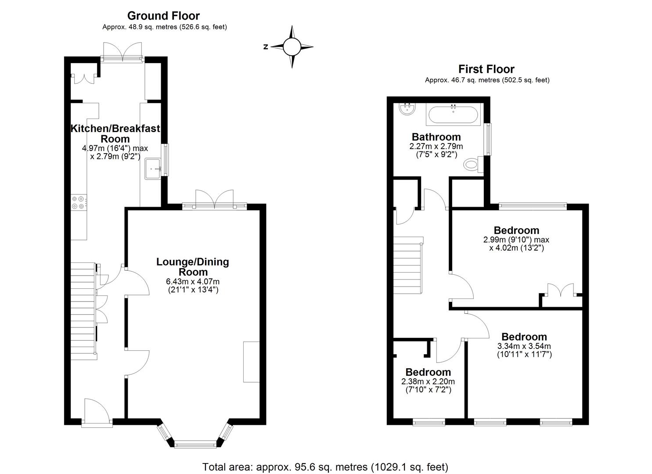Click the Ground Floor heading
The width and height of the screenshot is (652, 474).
tap(163, 16)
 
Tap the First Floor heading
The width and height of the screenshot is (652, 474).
tap(486, 69)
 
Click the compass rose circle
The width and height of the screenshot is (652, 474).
tap(292, 47)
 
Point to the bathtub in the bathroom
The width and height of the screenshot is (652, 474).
tap(453, 115)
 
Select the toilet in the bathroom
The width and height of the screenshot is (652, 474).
tap(473, 165)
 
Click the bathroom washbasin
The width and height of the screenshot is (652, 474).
tap(407, 109)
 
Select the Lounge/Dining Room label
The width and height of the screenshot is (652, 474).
tap(193, 267)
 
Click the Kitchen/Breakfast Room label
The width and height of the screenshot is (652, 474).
tap(115, 133)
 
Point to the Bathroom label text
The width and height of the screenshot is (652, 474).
tap(436, 137)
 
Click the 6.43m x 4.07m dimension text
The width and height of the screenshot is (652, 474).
tap(193, 282)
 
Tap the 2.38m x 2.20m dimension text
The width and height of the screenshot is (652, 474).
tap(428, 381)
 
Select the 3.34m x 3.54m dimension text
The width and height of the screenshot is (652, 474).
tap(524, 346)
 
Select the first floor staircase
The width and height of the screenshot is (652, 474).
tap(408, 265)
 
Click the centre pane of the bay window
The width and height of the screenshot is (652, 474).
tap(195, 444)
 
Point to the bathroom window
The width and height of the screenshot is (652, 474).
tap(487, 140)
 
